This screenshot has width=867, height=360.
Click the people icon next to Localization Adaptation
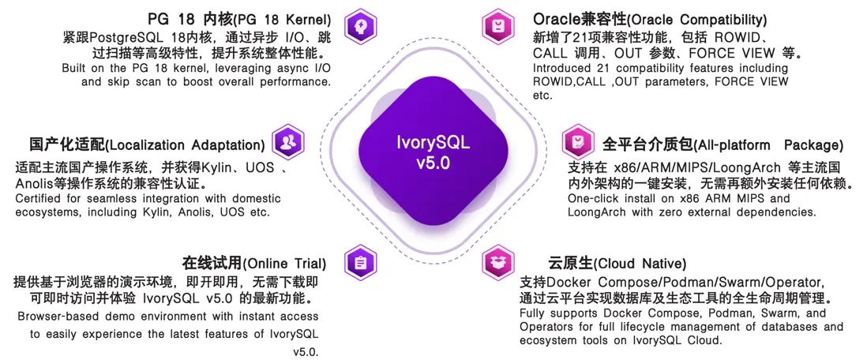pyautogui.click(x=287, y=142)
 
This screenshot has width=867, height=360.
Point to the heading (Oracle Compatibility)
pyautogui.click(x=650, y=19)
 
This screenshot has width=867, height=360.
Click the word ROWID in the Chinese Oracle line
pyautogui.click(x=761, y=37)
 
